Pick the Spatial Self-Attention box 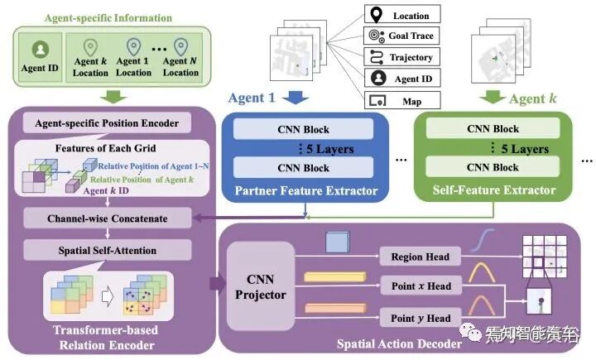(103, 250)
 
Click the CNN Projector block (261, 286)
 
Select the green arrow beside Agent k (493, 98)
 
